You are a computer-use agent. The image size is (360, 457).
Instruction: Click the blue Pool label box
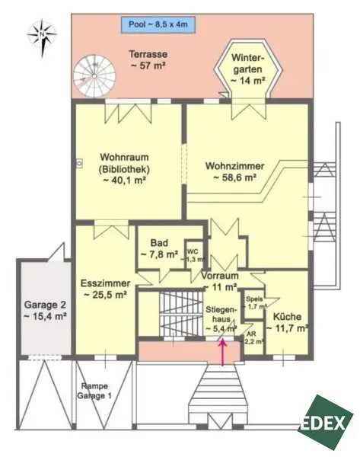158,24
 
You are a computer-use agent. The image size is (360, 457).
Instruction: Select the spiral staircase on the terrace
94,76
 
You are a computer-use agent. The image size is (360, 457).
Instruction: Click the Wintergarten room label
248,69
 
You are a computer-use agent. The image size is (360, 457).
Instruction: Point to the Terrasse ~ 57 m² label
148,60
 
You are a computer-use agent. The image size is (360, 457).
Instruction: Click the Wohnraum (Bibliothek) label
124,169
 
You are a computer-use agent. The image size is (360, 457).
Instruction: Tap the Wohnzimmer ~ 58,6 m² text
235,171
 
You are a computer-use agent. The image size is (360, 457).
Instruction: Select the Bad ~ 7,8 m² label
159,248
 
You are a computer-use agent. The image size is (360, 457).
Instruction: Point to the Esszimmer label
106,289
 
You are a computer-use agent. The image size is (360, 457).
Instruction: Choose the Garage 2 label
45,311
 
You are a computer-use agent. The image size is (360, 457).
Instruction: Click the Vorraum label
220,281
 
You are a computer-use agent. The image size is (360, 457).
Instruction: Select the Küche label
288,322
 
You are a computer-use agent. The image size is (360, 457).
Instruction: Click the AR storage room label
252,337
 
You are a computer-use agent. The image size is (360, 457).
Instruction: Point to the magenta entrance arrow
223,352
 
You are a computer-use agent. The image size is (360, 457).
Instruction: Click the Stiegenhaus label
221,319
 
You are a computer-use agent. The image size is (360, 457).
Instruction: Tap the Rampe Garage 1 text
94,391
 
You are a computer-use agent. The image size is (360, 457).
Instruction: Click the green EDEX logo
326,422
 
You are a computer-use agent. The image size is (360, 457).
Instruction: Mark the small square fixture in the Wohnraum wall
79,164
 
